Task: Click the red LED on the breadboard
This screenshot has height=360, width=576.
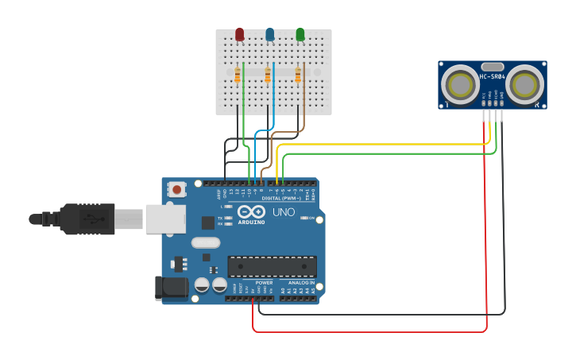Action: point(239,34)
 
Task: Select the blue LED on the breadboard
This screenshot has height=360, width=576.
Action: point(270,34)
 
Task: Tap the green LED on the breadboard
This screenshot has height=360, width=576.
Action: point(300,34)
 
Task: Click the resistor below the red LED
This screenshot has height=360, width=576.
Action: point(238,75)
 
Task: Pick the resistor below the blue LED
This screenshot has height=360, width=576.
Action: point(268,75)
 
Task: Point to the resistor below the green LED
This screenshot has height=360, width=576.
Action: point(298,75)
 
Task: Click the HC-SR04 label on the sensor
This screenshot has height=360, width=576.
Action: point(493,77)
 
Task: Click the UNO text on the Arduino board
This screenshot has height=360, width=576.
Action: point(284,212)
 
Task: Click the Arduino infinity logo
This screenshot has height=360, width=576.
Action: point(252,211)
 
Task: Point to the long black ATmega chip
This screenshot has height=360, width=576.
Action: point(272,266)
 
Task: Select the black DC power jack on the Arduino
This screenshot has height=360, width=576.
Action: point(171,287)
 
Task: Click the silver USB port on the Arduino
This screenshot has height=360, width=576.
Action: point(165,219)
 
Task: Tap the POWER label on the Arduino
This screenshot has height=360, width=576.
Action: point(264,282)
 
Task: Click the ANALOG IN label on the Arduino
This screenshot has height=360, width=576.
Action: point(300,282)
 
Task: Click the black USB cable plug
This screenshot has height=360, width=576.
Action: point(87,219)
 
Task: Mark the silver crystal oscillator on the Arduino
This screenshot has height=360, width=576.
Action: point(205,242)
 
